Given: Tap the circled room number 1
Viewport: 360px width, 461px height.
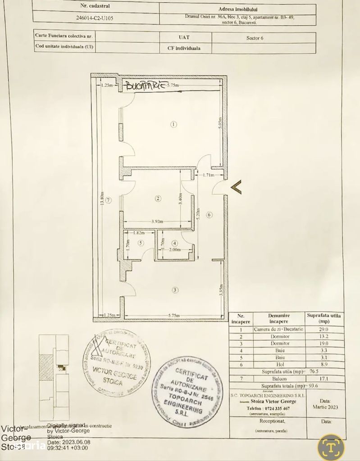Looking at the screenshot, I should (174, 124).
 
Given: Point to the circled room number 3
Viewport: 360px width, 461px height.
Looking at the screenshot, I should (174, 290).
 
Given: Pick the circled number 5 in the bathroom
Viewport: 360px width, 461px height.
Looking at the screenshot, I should (141, 243).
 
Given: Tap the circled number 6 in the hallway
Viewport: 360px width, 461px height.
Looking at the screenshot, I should (209, 215).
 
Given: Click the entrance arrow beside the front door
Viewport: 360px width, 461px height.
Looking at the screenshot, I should (236, 186).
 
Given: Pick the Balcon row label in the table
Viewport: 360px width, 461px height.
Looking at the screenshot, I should (280, 379).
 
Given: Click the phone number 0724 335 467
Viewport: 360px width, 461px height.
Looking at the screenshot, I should (274, 408).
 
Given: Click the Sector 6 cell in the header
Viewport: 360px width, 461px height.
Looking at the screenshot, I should (255, 38).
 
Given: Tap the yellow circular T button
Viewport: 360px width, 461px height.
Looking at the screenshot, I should (331, 447).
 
